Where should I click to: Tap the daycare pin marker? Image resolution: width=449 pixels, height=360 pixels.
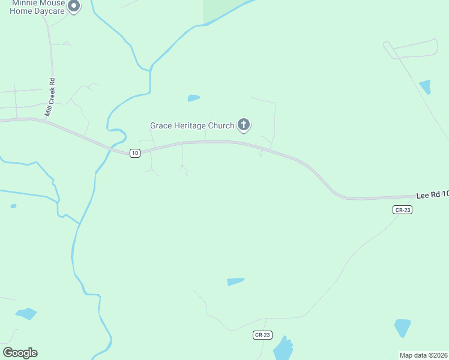tap(74, 7)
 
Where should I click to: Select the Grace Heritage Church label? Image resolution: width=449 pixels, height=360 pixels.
tap(192, 125)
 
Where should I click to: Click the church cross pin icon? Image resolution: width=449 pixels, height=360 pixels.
tap(243, 125)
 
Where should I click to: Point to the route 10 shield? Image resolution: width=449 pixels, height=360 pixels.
tap(134, 153)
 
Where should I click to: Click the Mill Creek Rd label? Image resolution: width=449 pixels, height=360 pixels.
tap(50, 98)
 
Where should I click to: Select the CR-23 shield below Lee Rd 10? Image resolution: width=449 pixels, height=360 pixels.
tap(402, 209)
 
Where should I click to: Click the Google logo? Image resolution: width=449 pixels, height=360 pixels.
tap(20, 353)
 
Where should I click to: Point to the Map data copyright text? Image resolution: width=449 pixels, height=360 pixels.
tap(424, 355)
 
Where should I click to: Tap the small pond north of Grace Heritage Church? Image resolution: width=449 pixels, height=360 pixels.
tap(193, 98)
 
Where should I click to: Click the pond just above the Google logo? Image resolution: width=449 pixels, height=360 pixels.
tap(26, 313)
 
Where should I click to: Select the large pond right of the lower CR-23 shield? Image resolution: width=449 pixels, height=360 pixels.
tap(283, 347)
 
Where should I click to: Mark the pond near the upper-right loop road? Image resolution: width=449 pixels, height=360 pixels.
tap(425, 86)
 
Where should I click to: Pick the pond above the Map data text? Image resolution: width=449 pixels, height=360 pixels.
tap(402, 328)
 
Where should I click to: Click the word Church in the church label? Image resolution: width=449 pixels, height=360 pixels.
tap(221, 125)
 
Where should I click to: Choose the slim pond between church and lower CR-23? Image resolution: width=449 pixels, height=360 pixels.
tap(235, 281)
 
